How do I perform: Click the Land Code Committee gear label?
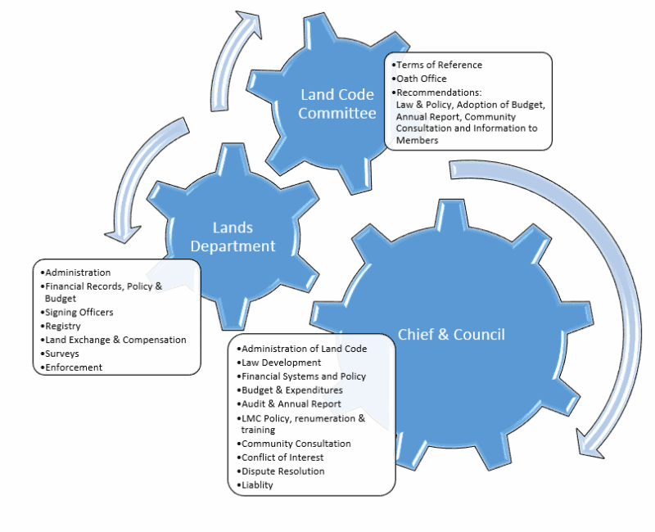click(x=337, y=104)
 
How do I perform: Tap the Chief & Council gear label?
click(x=451, y=334)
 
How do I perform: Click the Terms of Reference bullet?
click(x=437, y=65)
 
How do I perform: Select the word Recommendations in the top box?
click(x=438, y=92)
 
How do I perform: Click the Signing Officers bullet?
click(x=79, y=312)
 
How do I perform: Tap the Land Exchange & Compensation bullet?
click(x=115, y=340)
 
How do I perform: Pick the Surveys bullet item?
click(x=62, y=354)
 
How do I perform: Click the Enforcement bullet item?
click(x=73, y=367)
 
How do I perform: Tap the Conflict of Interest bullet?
click(x=282, y=457)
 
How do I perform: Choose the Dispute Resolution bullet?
click(x=282, y=471)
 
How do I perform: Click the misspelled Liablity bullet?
click(x=257, y=485)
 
